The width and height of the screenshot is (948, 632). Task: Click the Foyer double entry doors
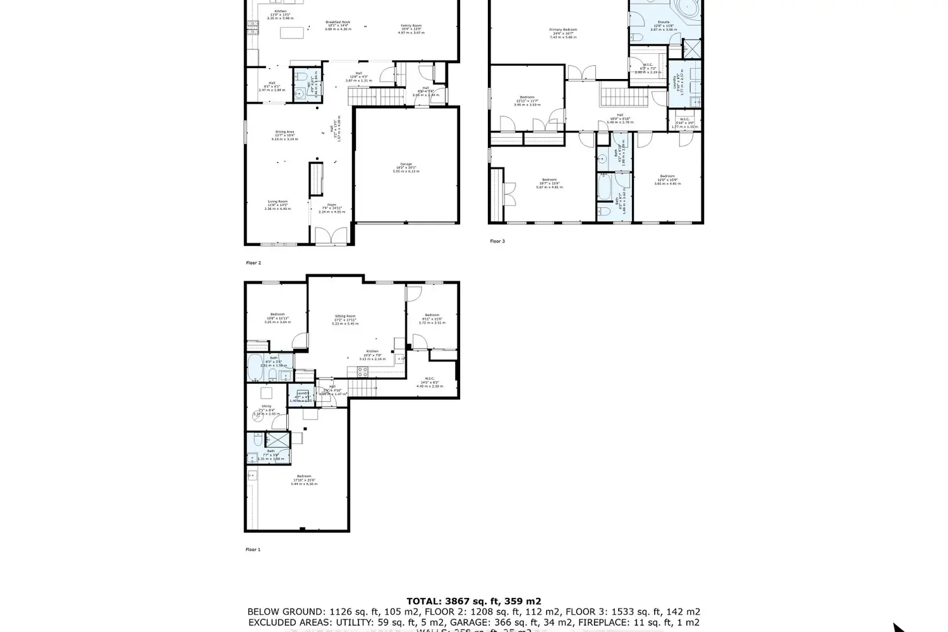click(x=331, y=236)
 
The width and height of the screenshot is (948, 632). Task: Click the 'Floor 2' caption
click(x=253, y=262)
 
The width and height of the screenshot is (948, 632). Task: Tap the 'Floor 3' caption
click(x=497, y=241)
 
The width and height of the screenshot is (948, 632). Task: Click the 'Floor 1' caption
click(x=253, y=549)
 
